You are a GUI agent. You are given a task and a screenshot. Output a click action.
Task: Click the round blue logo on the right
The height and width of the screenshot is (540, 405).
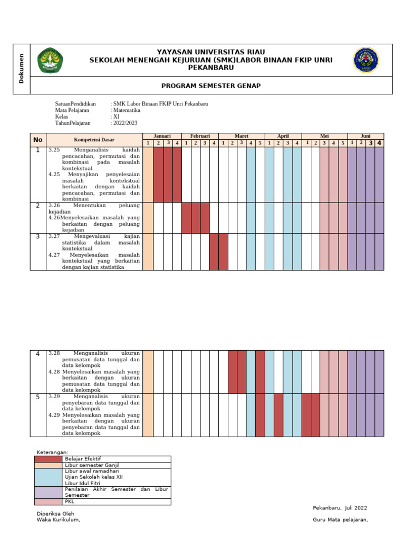[x=367, y=60]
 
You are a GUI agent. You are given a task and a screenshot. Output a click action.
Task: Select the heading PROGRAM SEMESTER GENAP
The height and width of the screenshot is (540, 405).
[x=211, y=85]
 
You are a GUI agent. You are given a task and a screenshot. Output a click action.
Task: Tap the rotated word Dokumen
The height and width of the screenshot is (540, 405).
[x=22, y=69]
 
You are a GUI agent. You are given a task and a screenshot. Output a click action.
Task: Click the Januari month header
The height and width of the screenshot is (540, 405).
[x=162, y=136]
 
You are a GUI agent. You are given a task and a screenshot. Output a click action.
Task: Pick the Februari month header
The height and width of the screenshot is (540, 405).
[x=200, y=136]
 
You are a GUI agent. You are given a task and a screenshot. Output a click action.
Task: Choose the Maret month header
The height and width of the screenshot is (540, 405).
[x=241, y=136]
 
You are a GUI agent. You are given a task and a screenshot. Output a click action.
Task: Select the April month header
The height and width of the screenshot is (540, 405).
[x=283, y=136]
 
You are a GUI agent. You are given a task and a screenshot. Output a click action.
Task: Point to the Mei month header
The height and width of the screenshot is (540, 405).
[x=324, y=136]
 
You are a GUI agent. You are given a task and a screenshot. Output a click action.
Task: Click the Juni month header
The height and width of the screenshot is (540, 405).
[x=365, y=136]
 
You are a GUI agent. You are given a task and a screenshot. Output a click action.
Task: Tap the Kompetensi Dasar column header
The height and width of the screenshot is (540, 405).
[x=94, y=140]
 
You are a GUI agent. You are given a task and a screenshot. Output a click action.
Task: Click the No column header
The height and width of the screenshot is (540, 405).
[x=37, y=140]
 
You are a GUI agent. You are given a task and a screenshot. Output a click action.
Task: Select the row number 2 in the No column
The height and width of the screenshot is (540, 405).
[x=37, y=206]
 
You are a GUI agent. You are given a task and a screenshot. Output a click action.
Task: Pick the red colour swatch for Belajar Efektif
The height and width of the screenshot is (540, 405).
[x=49, y=459]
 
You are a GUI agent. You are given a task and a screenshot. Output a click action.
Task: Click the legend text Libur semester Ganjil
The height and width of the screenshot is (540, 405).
[x=92, y=465]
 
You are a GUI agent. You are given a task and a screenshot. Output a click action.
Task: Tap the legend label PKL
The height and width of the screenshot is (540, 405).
[x=70, y=502]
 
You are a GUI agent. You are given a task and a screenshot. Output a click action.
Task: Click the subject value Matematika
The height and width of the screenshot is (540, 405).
[x=127, y=110]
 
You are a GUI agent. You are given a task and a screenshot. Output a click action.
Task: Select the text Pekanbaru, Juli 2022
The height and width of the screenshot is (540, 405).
[x=340, y=508]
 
